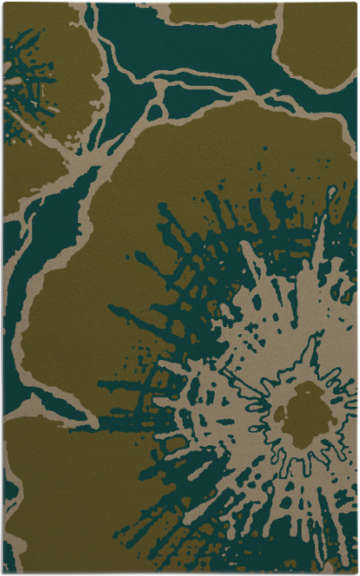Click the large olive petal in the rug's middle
pos(134,269)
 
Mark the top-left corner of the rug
pos(3,3)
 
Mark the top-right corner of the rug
pos(356,3)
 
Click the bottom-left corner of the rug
pos(3,572)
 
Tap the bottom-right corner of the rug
pos(356,572)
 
